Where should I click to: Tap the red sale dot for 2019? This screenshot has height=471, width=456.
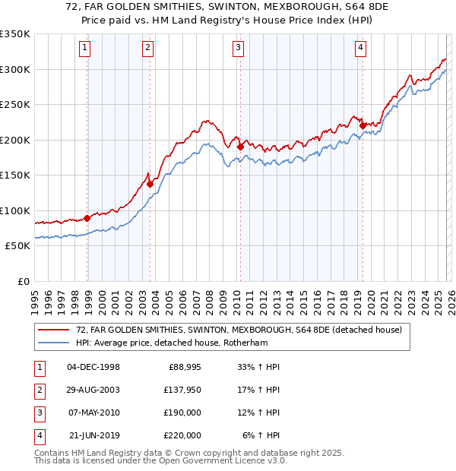coord(363,125)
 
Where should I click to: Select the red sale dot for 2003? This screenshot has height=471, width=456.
coord(150,183)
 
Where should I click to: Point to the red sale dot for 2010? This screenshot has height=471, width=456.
coord(240,147)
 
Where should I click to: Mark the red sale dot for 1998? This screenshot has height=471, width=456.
coord(87,218)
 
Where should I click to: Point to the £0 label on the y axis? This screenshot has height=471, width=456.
coord(23,281)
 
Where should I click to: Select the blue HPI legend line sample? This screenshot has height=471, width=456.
coord(53,343)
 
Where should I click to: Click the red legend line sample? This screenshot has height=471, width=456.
coord(53,330)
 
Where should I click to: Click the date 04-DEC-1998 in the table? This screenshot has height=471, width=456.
coord(93,367)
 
